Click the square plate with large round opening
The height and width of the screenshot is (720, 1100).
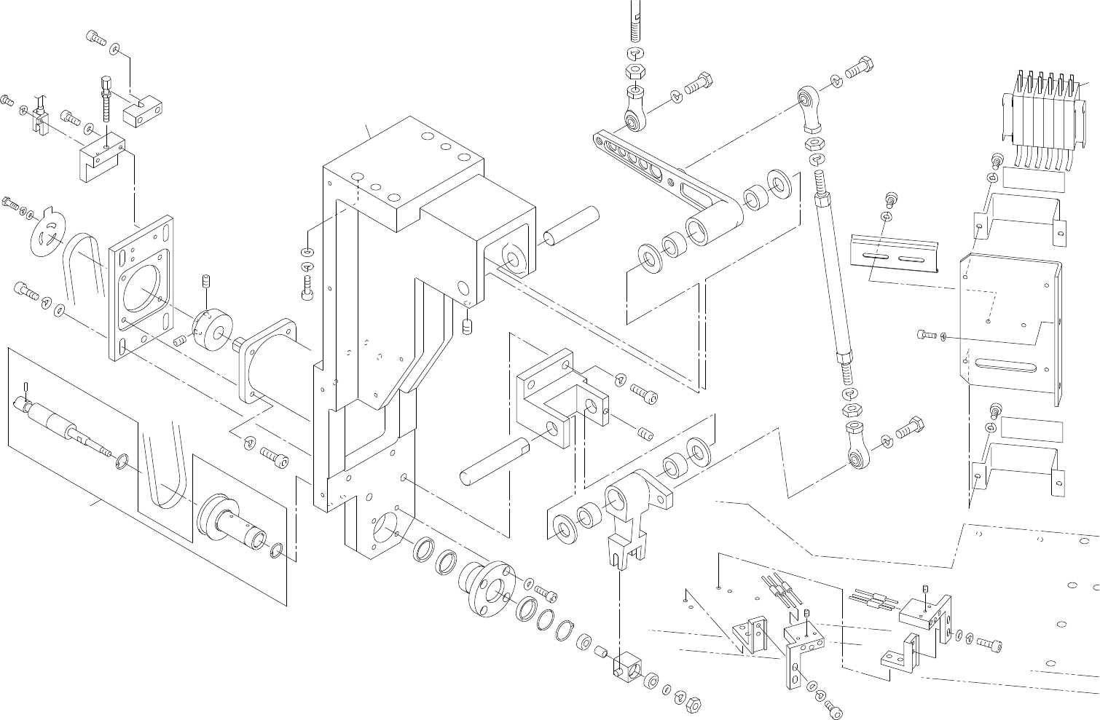pos(143,287)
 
